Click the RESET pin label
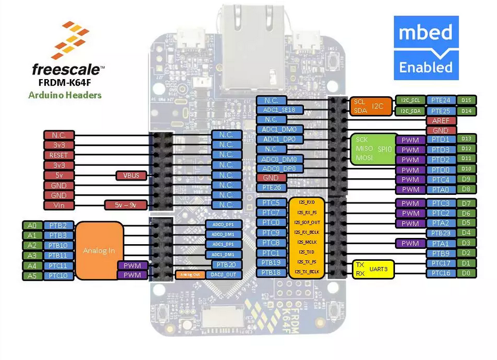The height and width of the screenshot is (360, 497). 58,155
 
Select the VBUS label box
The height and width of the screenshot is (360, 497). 131,175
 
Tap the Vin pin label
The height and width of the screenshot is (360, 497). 58,205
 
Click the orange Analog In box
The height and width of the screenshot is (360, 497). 99,251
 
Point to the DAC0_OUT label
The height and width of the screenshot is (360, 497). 225,275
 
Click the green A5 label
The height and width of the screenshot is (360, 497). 32,276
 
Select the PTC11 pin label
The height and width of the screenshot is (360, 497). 58,266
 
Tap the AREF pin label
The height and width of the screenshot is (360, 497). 441,121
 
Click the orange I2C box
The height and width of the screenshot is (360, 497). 370,106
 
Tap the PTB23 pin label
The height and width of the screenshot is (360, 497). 441,233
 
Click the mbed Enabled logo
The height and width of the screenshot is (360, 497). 425,48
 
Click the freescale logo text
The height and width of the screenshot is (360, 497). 68,71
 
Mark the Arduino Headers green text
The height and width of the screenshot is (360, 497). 65,95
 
